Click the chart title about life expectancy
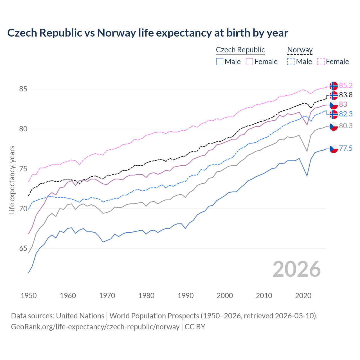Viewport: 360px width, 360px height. click(148, 33)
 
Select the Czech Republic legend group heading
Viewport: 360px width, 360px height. click(240, 50)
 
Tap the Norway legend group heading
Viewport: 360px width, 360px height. click(300, 50)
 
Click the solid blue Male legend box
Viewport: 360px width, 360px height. click(220, 62)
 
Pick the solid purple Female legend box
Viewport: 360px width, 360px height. click(249, 62)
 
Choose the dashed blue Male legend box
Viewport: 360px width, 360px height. click(291, 62)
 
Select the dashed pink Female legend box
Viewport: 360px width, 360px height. click(321, 62)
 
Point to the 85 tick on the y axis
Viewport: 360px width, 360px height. click(23, 89)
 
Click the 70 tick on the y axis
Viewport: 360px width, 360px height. click(23, 209)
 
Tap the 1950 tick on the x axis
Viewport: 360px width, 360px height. click(29, 296)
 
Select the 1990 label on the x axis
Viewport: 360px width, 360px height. click(186, 296)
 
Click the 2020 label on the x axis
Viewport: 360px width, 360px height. click(303, 296)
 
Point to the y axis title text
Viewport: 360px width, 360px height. click(12, 180)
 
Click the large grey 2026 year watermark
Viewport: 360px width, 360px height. click(296, 269)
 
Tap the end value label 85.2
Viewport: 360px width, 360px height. click(346, 85)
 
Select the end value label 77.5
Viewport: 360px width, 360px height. click(346, 148)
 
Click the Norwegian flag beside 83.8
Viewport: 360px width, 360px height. click(334, 95)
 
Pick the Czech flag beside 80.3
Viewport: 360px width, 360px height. click(334, 126)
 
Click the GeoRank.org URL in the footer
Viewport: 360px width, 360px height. click(95, 327)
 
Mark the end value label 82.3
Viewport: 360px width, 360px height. click(346, 114)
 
